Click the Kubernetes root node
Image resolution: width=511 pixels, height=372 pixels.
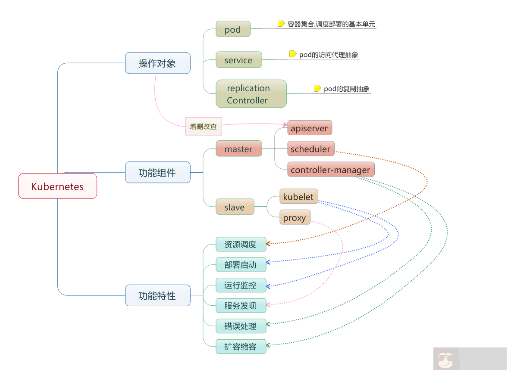tap(57, 186)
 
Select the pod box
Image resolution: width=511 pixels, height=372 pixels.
tap(233, 30)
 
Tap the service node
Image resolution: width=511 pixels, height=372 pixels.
tap(238, 60)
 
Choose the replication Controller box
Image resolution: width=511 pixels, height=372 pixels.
tap(251, 93)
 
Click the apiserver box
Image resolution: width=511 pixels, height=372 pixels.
tap(309, 128)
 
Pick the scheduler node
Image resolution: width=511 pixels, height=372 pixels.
tap(310, 149)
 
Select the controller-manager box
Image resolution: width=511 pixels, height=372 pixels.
tap(330, 169)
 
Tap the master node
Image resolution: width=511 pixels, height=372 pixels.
tap(238, 149)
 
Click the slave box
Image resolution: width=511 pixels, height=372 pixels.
tap(235, 207)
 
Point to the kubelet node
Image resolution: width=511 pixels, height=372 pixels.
tap(299, 197)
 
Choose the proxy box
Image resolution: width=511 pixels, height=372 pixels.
tap(295, 217)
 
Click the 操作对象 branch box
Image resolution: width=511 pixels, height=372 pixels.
tap(157, 63)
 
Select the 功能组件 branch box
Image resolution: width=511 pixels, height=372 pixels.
tap(157, 172)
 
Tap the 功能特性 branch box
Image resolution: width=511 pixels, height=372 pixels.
tap(157, 295)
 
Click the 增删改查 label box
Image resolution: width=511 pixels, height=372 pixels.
tap(203, 126)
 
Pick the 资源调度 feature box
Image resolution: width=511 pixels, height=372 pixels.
tap(241, 244)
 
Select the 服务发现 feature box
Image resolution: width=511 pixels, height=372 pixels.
tap(241, 305)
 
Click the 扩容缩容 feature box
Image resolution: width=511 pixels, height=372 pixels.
tap(241, 346)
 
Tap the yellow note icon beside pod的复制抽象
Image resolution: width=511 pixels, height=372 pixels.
tap(317, 88)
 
